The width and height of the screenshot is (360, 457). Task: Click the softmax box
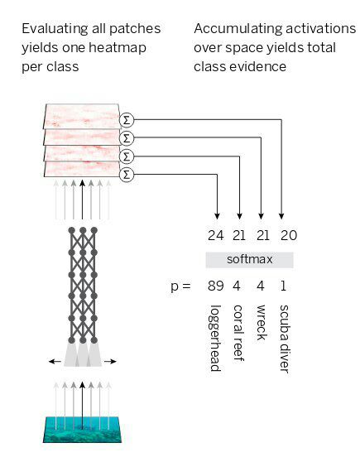pyautogui.click(x=249, y=260)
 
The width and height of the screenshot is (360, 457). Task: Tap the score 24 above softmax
pyautogui.click(x=216, y=235)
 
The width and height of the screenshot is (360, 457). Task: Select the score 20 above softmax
pyautogui.click(x=289, y=235)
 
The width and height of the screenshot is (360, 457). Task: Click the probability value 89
pyautogui.click(x=216, y=286)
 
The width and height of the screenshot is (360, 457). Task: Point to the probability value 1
pyautogui.click(x=283, y=286)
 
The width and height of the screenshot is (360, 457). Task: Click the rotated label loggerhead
pyautogui.click(x=215, y=339)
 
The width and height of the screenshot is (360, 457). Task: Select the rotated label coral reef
pyautogui.click(x=238, y=333)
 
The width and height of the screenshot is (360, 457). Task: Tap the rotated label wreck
pyautogui.click(x=261, y=323)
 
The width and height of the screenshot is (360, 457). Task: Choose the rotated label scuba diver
pyautogui.click(x=284, y=339)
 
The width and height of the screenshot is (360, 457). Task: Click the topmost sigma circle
pyautogui.click(x=127, y=120)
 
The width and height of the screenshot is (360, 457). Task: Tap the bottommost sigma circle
pyautogui.click(x=127, y=175)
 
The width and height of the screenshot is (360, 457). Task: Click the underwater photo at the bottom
pyautogui.click(x=82, y=430)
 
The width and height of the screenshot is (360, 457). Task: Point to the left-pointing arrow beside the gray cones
pyautogui.click(x=55, y=362)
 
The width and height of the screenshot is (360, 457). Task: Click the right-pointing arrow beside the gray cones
pyautogui.click(x=110, y=362)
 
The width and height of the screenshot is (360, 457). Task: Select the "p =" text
pyautogui.click(x=180, y=286)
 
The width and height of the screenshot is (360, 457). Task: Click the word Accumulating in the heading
pyautogui.click(x=238, y=29)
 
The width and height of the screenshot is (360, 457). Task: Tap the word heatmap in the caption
pyautogui.click(x=117, y=48)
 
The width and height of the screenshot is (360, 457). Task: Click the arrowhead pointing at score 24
pyautogui.click(x=217, y=216)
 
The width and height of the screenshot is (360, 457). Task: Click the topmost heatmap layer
pyautogui.click(x=82, y=116)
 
